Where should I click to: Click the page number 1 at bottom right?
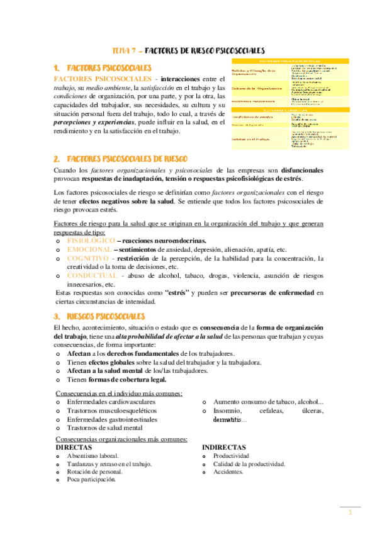[x=350, y=513]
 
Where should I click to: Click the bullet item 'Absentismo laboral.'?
[x=92, y=455]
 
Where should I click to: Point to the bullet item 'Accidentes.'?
[x=228, y=471]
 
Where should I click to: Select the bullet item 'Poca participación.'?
[x=91, y=479]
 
